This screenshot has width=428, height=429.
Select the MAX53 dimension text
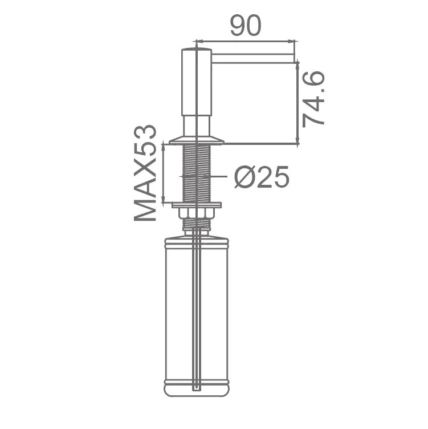(145, 173)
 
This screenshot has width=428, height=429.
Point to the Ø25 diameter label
(262, 177)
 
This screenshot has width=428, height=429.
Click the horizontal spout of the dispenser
(253, 59)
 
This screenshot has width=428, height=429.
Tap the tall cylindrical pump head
(197, 82)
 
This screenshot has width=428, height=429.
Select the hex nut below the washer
(196, 213)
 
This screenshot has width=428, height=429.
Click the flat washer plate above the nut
(197, 205)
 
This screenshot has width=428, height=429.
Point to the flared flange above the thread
(197, 140)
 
